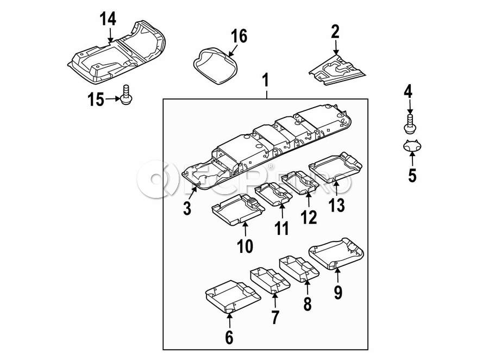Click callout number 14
108,19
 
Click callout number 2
335,32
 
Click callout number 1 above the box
266,82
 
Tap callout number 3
186,207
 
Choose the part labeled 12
302,183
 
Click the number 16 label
239,36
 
